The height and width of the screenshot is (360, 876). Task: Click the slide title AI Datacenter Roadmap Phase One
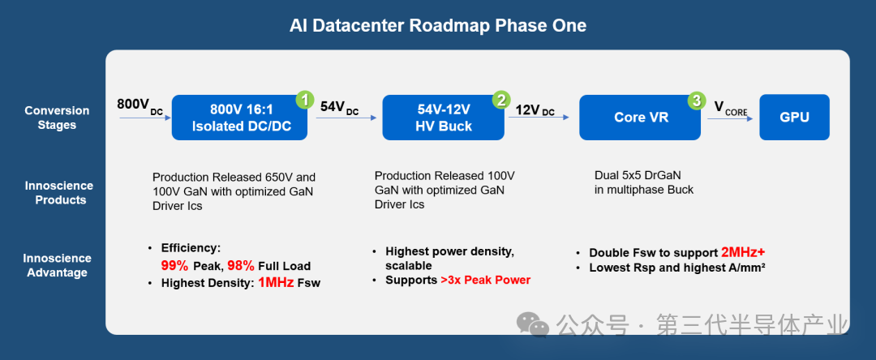coord(437,26)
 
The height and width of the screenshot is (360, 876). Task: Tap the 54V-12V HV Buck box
coord(443,118)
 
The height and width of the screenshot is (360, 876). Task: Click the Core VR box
coord(640,118)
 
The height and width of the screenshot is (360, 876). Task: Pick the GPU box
coord(794,118)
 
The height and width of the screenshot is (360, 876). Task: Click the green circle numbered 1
coord(305,100)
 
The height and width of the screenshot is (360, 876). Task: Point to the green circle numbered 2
coord(501,100)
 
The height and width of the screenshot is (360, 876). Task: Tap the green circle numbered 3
coord(696,101)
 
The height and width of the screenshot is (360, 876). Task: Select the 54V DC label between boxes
coord(339,107)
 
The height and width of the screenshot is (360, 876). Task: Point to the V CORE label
coord(730,108)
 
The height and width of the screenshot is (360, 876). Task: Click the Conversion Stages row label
coord(57,118)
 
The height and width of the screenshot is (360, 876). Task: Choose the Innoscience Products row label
coord(58,192)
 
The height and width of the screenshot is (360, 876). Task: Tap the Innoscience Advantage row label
coord(58,265)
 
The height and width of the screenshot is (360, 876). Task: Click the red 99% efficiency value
coord(175,265)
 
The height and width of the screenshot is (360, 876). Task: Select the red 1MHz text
coord(276,282)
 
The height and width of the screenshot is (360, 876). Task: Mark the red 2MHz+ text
coord(743,252)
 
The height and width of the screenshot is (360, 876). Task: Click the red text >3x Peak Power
coord(485,280)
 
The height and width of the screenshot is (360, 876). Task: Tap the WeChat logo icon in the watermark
coord(534,326)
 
